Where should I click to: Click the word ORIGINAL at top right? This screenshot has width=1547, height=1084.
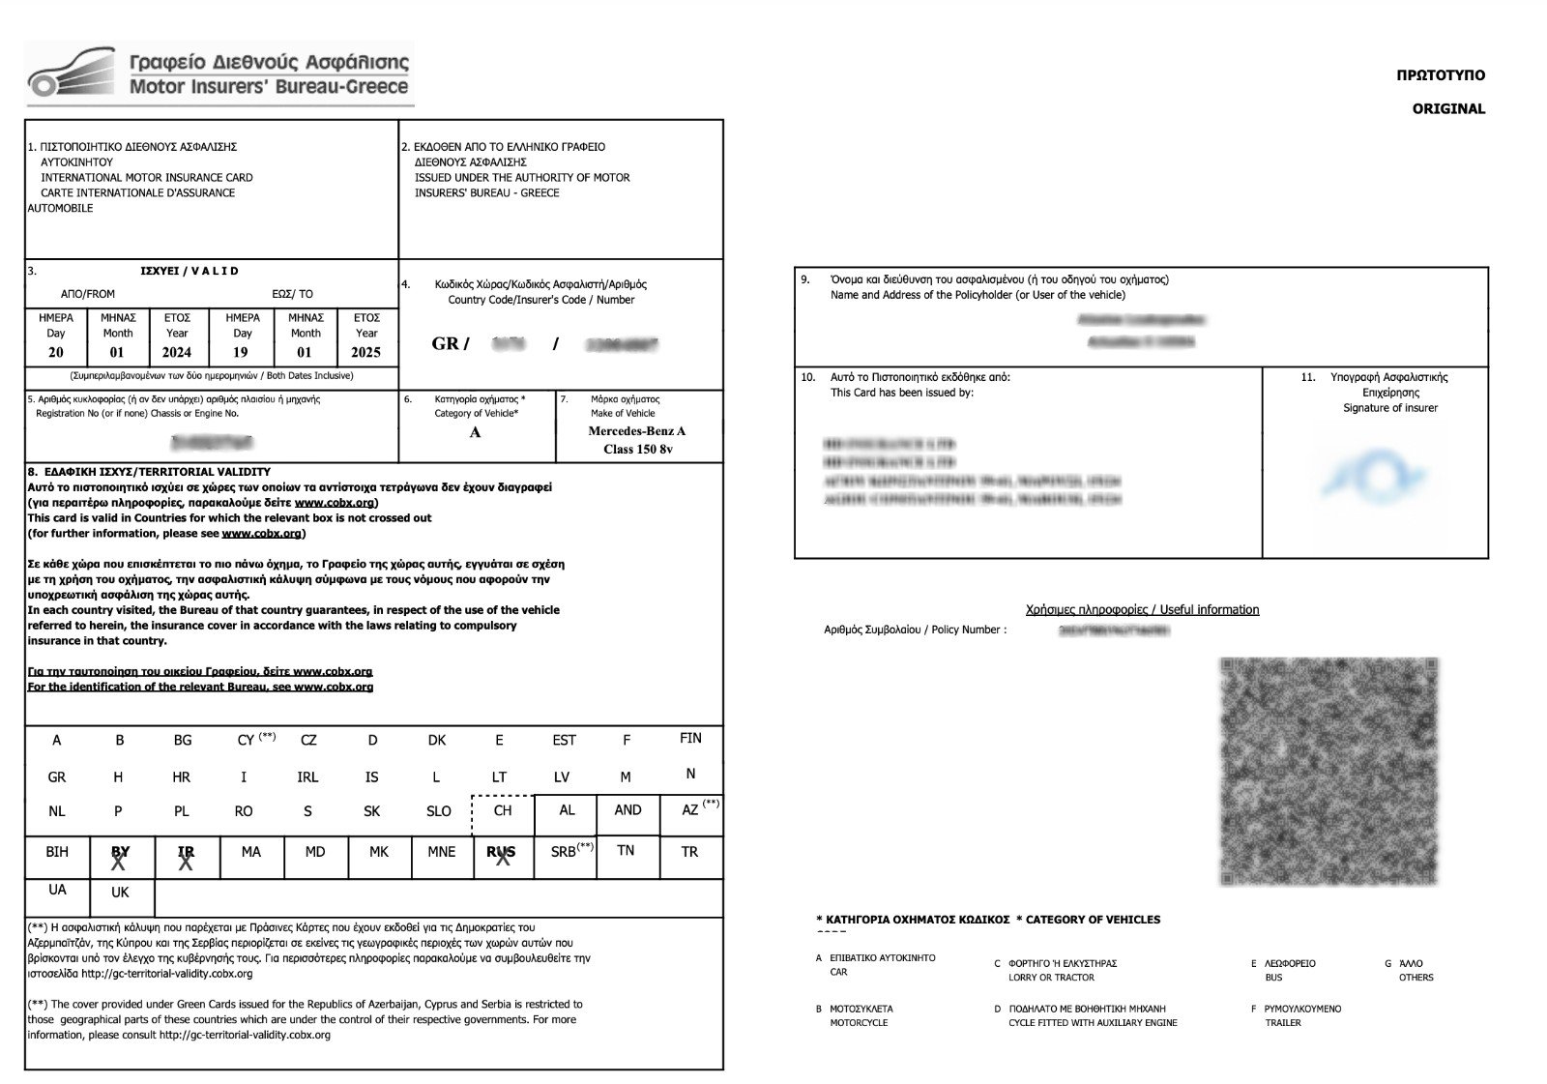coord(1447,108)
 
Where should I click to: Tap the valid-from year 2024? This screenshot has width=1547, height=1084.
coord(177,352)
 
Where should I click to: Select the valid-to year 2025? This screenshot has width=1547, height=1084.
coord(365,352)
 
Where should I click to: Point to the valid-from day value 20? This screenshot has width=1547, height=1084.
coord(56,352)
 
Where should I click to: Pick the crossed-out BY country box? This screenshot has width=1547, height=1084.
coord(120,855)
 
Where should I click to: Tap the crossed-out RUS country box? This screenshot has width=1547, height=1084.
coord(501,855)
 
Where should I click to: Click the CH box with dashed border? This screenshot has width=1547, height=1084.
coord(502,812)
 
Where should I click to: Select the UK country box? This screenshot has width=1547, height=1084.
coord(120,893)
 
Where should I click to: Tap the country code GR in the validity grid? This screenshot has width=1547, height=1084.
coord(57,777)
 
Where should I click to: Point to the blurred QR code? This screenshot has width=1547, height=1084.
coord(1328,771)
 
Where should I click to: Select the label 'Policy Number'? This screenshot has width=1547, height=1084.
coord(966,630)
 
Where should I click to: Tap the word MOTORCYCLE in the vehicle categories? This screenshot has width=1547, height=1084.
coord(859,1023)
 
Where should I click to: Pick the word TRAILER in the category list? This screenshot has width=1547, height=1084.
coord(1283,1023)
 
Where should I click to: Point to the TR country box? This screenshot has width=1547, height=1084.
coord(689,853)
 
